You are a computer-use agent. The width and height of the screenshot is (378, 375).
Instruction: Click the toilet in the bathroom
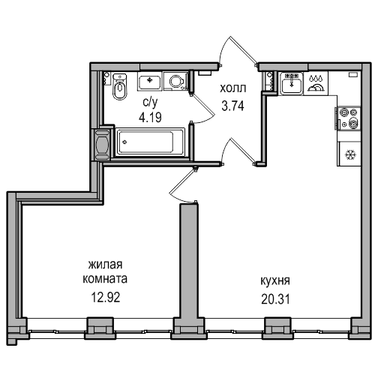pos(120,85)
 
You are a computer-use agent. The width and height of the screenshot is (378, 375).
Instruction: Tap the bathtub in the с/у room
pos(150,142)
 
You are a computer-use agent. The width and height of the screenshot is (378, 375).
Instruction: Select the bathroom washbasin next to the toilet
pos(149,81)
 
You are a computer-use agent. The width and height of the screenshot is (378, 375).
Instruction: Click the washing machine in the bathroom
pos(176,81)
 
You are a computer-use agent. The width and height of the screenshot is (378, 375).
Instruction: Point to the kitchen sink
pos(292,83)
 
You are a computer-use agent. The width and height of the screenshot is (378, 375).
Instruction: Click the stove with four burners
pos(349,118)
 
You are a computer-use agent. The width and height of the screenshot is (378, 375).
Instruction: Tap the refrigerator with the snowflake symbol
pos(349,154)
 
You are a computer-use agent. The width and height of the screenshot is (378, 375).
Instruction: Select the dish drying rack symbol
pos(316,83)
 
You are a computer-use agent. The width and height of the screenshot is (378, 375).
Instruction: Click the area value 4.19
pos(150,117)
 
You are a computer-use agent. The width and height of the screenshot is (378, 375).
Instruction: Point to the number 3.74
pos(232,106)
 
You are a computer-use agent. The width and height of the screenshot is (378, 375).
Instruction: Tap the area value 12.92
pos(106,297)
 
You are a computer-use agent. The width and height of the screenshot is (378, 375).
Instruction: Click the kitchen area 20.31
pos(275,298)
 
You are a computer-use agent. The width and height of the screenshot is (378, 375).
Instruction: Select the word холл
pos(233,88)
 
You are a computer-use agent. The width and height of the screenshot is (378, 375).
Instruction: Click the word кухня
pos(275,281)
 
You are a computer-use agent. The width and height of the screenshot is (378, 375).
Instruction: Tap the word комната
pos(105,279)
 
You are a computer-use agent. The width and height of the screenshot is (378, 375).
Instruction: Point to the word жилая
pos(106,265)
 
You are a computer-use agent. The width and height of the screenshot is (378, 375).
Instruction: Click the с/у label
pos(150,102)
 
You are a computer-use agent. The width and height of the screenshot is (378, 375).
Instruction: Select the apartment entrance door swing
pos(238,50)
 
